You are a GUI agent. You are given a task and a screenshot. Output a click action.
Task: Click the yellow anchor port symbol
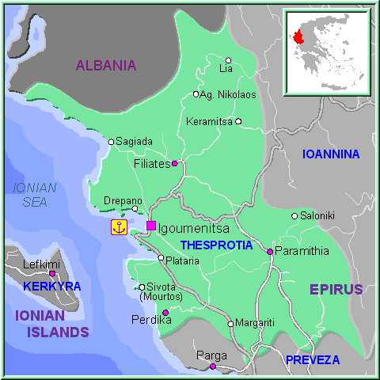[119, 227]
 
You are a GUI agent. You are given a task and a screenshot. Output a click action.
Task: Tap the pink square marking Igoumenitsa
[151, 226]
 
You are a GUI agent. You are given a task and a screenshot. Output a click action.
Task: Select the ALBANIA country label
[106, 66]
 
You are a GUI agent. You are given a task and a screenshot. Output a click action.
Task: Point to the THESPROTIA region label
[216, 245]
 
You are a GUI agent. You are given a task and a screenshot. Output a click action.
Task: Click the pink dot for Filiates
[174, 164]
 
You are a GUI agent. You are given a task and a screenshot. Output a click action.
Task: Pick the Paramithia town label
[302, 251]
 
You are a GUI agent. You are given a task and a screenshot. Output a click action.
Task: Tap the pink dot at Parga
[212, 366]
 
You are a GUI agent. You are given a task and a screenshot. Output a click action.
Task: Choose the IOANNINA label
[331, 154]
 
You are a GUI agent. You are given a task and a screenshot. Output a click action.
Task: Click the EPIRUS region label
[336, 289]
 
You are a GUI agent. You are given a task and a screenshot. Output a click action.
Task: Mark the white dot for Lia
[228, 60]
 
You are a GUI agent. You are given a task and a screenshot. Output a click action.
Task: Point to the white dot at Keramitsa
[237, 121]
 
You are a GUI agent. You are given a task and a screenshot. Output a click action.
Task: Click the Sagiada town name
[134, 142]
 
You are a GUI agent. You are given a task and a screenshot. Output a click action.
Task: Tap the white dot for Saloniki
[294, 215]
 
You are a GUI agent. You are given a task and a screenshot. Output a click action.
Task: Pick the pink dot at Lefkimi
[52, 273]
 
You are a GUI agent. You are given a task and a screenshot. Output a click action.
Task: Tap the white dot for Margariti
[230, 323]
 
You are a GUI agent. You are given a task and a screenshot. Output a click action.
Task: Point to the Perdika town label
[146, 321]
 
